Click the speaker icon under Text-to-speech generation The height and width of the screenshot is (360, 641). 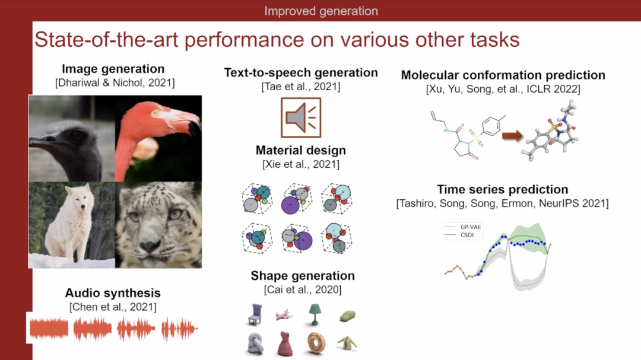click(x=301, y=117)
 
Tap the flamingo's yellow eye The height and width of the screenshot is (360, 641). click(x=155, y=113)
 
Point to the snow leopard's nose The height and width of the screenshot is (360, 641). click(x=150, y=246)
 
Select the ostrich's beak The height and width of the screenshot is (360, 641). click(x=49, y=141)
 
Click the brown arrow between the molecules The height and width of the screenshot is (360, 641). click(x=512, y=136)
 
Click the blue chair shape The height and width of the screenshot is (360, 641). click(x=255, y=315)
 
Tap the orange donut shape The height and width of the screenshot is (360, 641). click(x=316, y=343)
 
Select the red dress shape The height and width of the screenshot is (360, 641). click(x=285, y=343)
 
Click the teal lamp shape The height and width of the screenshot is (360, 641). click(x=314, y=314)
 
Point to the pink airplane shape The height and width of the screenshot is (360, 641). click(x=284, y=315)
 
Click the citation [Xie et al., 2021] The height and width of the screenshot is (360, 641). click(x=301, y=164)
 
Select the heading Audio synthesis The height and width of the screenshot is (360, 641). click(x=113, y=293)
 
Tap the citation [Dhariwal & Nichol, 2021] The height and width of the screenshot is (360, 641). click(x=115, y=83)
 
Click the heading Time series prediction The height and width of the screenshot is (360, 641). click(x=503, y=190)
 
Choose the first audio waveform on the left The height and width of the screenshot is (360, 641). click(x=49, y=329)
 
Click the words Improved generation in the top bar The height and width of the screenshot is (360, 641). click(x=321, y=11)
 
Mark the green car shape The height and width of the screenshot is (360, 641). click(x=347, y=316)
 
